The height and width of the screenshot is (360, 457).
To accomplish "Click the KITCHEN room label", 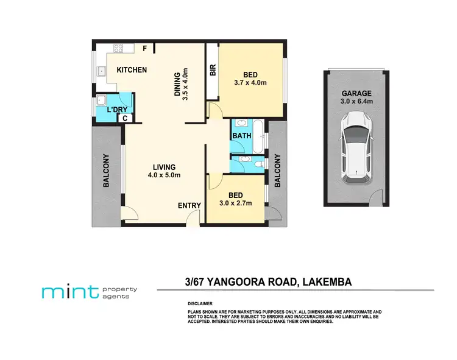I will (132, 70).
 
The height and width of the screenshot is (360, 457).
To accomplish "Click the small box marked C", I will (124, 118).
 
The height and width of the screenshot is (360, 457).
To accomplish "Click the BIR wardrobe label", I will (213, 71).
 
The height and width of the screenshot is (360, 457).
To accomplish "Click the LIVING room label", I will (165, 167).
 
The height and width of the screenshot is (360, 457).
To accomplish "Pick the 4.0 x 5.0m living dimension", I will (165, 175).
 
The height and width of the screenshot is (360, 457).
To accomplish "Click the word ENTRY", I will (189, 206).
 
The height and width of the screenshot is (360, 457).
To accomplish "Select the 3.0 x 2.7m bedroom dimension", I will (235, 203).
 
